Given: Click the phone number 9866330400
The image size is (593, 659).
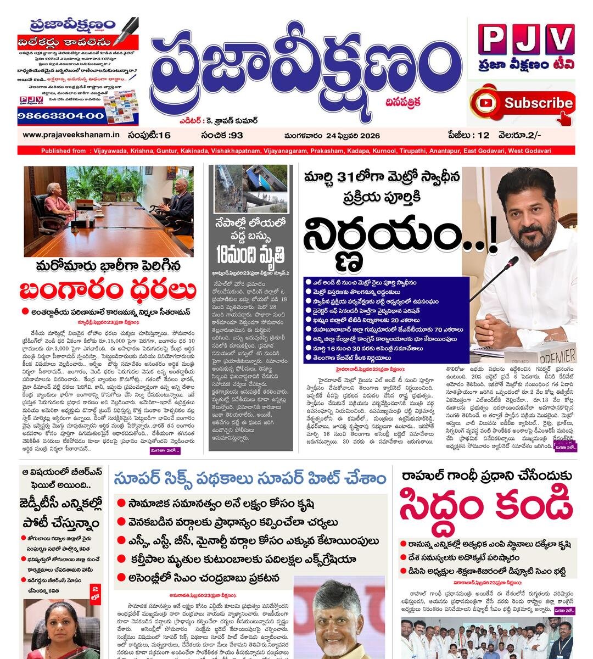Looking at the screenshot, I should click(x=61, y=116).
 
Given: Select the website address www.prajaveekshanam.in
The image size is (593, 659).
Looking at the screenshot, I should click(x=71, y=135).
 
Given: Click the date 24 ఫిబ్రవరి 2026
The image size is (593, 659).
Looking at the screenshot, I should click(x=332, y=136).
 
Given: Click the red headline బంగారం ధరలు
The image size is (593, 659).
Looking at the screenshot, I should click(x=108, y=289).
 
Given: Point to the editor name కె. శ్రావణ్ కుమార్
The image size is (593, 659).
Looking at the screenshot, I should click(x=233, y=120).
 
